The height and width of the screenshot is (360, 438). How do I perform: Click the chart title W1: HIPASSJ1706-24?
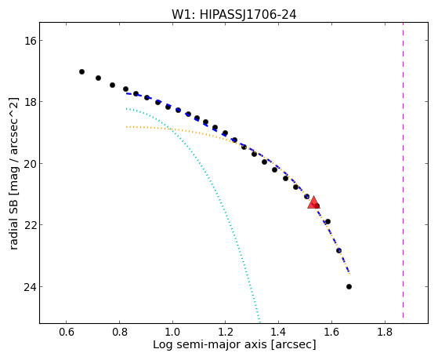pos(233,15)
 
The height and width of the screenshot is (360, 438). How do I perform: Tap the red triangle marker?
pos(313,202)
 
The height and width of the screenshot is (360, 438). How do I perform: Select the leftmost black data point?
pos(81,72)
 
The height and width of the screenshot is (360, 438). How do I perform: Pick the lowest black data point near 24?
pos(349,286)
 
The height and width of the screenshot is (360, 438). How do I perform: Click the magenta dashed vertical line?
pos(403,170)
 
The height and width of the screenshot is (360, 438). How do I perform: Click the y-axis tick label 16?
pos(30,40)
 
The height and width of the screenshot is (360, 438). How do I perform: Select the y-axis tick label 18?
pos(30,101)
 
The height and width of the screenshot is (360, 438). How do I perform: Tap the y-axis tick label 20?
pos(30,163)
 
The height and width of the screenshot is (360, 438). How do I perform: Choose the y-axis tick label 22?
pos(30,224)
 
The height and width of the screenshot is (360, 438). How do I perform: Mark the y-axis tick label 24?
pos(30,286)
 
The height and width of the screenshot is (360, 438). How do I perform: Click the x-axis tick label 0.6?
pos(66,333)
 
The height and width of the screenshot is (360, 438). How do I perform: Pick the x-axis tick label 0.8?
pos(119,333)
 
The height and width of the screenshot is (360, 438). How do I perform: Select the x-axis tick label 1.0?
pos(172,333)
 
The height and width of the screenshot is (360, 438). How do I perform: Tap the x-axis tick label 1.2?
pos(226,333)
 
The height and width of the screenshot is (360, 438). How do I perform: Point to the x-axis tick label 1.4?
pos(278,333)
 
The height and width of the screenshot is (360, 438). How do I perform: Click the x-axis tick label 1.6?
pos(331,333)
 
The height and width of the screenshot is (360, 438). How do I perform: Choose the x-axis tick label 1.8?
pos(385,333)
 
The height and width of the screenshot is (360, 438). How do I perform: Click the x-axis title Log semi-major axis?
pos(210,344)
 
